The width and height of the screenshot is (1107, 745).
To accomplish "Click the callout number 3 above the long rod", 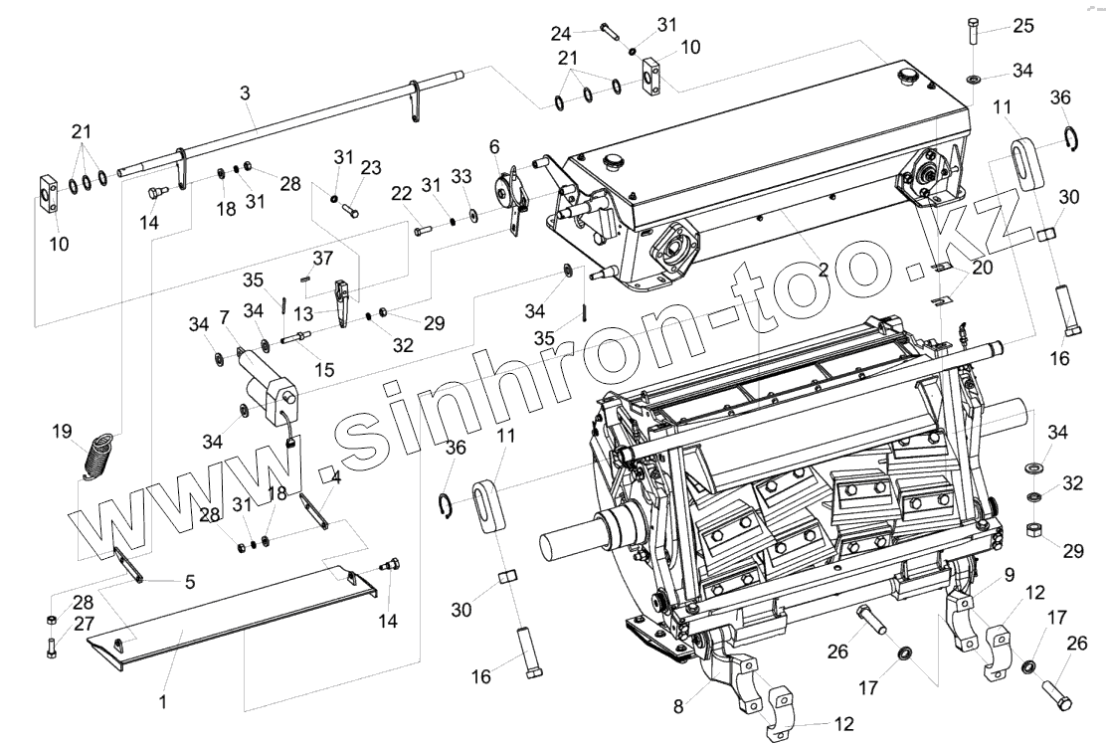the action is point(246,92).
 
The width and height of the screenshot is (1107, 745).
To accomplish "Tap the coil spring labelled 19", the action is point(99,458).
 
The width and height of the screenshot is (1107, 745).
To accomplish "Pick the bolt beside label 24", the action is point(611,32).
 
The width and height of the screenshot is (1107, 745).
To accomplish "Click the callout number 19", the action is point(62,431).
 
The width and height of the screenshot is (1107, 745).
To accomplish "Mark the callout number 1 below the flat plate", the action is point(161,701).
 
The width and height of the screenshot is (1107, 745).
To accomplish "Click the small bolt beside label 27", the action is point(52,648).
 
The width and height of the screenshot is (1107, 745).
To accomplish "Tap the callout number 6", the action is point(494,146).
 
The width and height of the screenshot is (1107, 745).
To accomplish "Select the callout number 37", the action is point(322,260).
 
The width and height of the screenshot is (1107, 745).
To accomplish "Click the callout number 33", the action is point(461,175).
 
